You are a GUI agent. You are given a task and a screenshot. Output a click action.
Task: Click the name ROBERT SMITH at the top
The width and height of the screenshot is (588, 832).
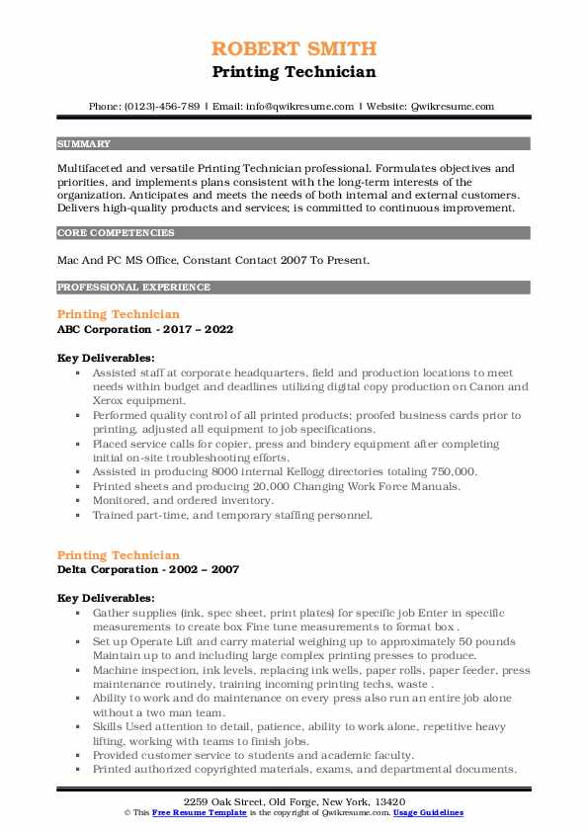[294, 48]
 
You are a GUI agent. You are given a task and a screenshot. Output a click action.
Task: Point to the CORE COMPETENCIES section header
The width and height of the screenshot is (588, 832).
[116, 233]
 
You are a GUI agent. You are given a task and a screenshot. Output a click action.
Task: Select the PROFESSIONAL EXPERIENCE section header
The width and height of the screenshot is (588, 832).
[133, 288]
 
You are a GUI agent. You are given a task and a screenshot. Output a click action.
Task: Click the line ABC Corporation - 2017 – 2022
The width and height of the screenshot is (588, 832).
[145, 329]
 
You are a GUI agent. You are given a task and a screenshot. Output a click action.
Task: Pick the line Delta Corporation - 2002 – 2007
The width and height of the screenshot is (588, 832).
[147, 570]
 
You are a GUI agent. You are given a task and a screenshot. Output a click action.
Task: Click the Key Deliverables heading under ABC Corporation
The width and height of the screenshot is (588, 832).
[105, 358]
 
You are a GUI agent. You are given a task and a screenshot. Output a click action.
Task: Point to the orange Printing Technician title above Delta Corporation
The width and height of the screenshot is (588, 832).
[119, 555]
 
